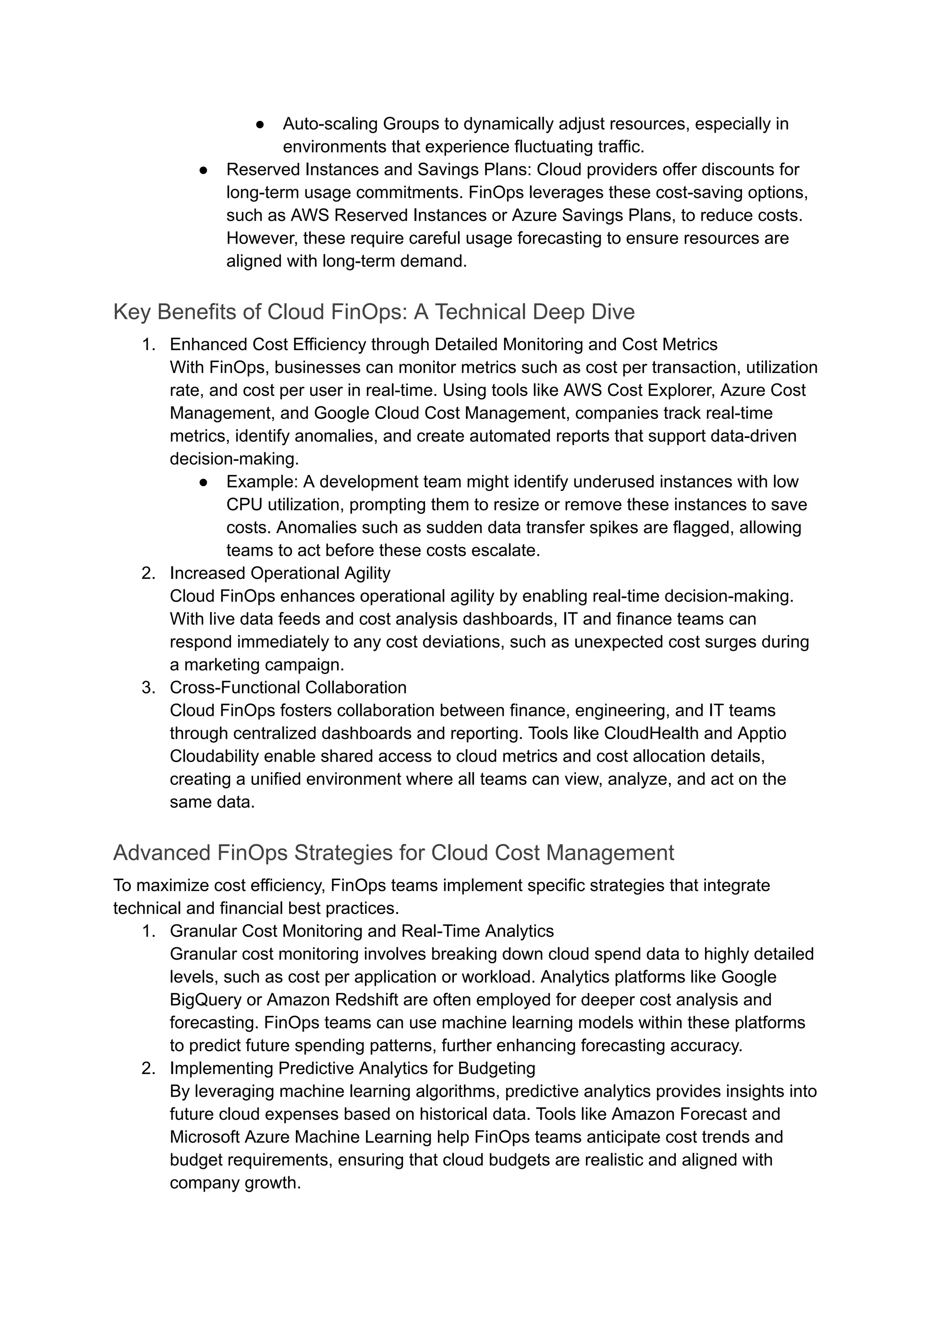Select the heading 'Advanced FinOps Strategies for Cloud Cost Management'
point(393,853)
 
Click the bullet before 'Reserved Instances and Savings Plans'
point(203,170)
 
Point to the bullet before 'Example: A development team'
point(203,482)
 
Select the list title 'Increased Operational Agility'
point(280,573)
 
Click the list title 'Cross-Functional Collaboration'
point(288,687)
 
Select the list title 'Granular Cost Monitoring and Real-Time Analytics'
point(362,931)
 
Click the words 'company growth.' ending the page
point(235,1183)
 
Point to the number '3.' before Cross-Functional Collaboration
point(149,687)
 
